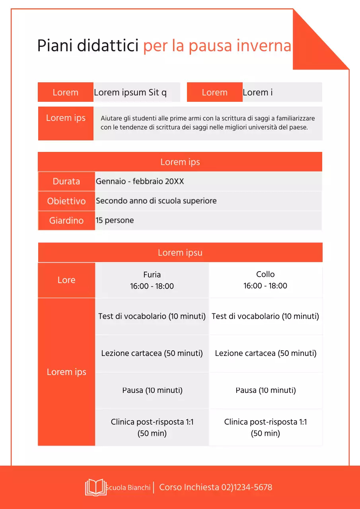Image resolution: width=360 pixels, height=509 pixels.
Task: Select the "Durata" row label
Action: pyautogui.click(x=66, y=181)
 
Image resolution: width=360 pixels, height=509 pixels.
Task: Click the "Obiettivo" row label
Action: pyautogui.click(x=66, y=201)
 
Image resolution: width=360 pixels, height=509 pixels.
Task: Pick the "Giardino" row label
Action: pyautogui.click(x=66, y=221)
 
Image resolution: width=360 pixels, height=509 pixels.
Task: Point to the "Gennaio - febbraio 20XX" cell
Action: pyautogui.click(x=140, y=181)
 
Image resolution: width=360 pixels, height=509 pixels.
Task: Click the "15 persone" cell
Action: pyautogui.click(x=115, y=220)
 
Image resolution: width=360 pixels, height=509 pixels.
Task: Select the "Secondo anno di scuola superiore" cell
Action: pyautogui.click(x=156, y=201)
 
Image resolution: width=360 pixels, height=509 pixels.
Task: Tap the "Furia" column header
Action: pyautogui.click(x=152, y=275)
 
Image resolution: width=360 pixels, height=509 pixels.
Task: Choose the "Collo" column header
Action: pyautogui.click(x=265, y=274)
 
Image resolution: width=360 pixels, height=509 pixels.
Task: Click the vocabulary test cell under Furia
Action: pyautogui.click(x=152, y=317)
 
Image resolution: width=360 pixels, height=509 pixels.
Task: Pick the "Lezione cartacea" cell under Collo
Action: pyautogui.click(x=265, y=353)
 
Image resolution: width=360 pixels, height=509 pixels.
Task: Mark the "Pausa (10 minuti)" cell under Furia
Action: pyautogui.click(x=152, y=390)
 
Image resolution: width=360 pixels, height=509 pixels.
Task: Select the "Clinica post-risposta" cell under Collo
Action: pyautogui.click(x=265, y=427)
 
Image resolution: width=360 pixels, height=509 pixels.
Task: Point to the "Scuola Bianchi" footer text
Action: pyautogui.click(x=128, y=488)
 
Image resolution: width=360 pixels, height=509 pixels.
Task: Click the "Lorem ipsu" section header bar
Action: pyautogui.click(x=180, y=253)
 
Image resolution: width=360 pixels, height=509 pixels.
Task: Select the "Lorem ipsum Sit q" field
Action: pyautogui.click(x=130, y=93)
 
